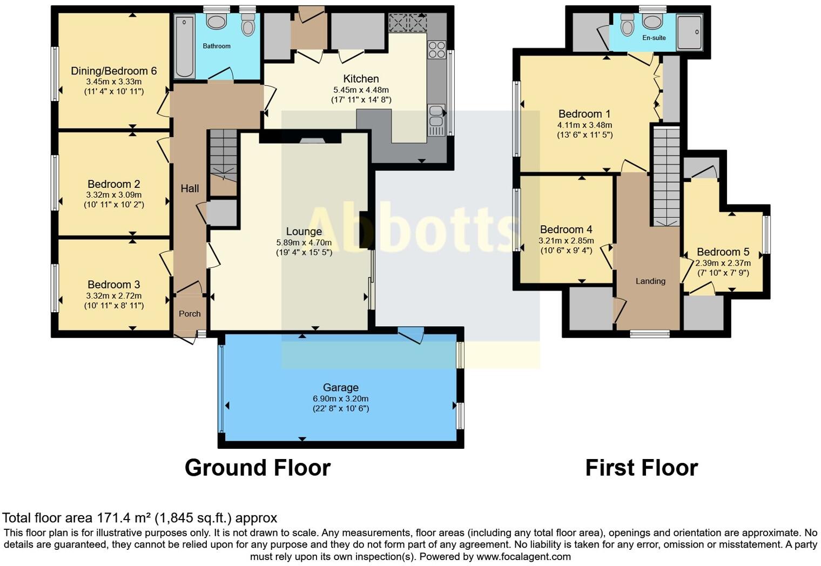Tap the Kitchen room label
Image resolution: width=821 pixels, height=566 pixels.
pyautogui.click(x=361, y=79)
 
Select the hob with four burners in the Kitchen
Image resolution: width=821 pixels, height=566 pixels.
pyautogui.click(x=436, y=50)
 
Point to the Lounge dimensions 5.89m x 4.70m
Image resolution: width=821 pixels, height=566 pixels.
pyautogui.click(x=304, y=242)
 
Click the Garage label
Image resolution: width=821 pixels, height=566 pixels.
pyautogui.click(x=340, y=387)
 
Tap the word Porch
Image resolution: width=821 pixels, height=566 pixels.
pyautogui.click(x=190, y=314)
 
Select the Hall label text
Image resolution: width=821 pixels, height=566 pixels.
pyautogui.click(x=190, y=188)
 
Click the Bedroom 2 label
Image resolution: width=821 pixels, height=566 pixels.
pyautogui.click(x=113, y=184)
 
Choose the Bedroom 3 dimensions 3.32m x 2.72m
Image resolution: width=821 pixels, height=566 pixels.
pyautogui.click(x=113, y=295)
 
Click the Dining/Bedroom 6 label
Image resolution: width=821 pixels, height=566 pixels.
pyautogui.click(x=113, y=71)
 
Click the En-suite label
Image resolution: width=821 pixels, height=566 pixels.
pyautogui.click(x=654, y=38)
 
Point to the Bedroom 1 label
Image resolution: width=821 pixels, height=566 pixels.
pyautogui.click(x=584, y=114)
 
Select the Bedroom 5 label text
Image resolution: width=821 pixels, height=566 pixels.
pyautogui.click(x=723, y=252)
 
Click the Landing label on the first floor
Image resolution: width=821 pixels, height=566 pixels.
pyautogui.click(x=650, y=281)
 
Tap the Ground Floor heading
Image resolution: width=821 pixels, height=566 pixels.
pyautogui.click(x=257, y=468)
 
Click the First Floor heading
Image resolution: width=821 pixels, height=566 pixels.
pyautogui.click(x=641, y=468)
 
